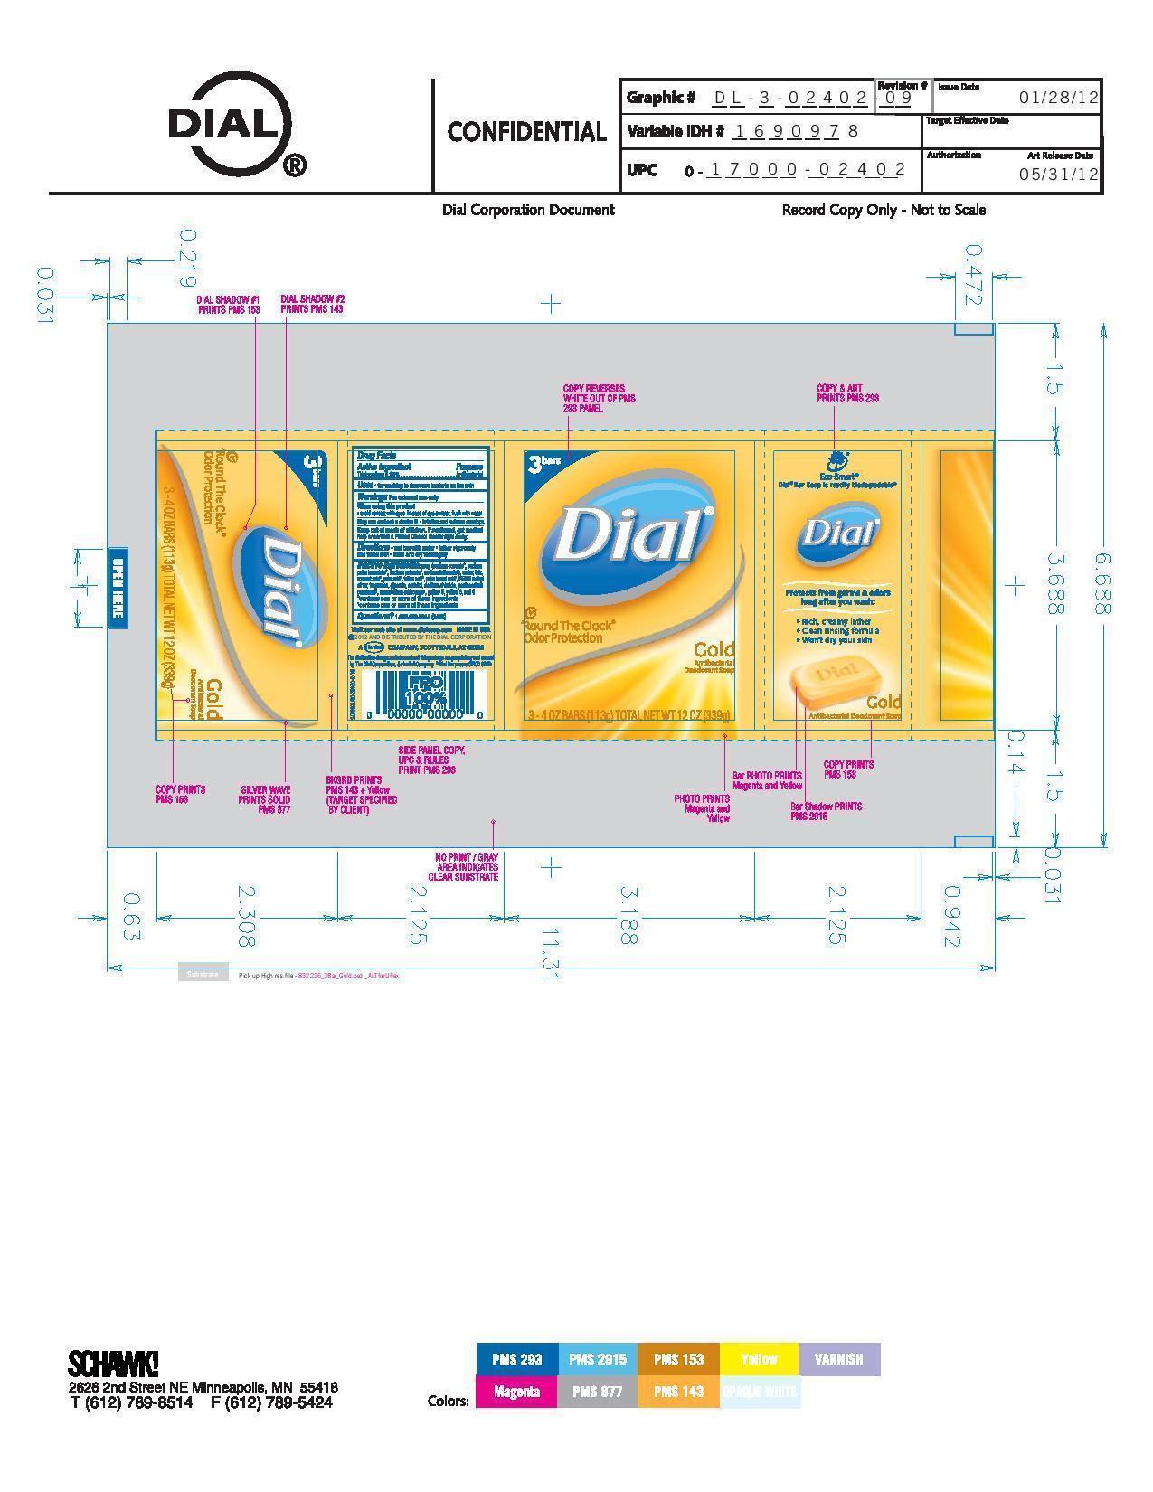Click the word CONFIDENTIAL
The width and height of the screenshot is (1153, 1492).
click(x=526, y=132)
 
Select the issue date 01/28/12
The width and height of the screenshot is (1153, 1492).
click(x=1058, y=98)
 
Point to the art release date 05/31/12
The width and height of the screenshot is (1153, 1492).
click(x=1058, y=175)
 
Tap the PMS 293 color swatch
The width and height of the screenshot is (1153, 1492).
click(x=516, y=1359)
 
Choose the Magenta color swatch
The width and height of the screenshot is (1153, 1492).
click(x=516, y=1392)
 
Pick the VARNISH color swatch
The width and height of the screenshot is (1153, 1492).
click(x=838, y=1359)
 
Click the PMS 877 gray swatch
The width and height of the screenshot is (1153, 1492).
click(x=597, y=1392)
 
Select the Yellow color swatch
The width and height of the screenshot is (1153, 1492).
click(x=758, y=1359)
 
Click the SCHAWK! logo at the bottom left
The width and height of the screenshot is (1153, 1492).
click(x=113, y=1363)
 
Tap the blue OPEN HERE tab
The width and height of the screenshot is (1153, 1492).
click(x=118, y=587)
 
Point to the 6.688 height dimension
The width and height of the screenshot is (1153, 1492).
click(x=1102, y=583)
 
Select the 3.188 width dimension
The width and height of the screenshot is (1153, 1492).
click(x=628, y=915)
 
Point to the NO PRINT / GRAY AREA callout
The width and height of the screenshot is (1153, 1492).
click(x=467, y=866)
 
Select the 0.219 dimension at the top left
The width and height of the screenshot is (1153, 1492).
click(x=188, y=258)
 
